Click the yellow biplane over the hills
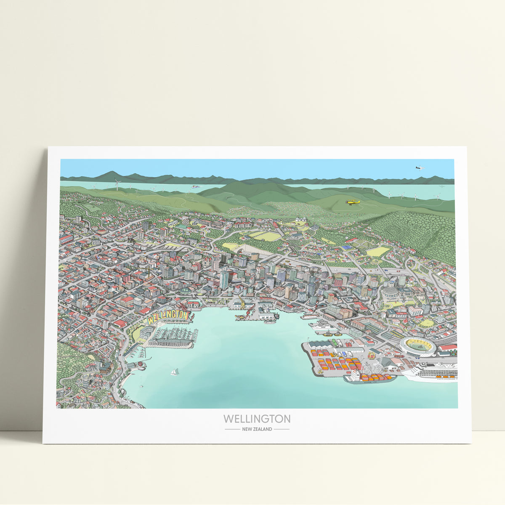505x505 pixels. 353,202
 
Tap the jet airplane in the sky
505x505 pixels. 419,167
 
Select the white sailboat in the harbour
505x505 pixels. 174,372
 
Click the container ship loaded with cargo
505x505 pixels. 370,377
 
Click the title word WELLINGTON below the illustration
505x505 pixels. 257,419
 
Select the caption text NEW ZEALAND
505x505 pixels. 257,429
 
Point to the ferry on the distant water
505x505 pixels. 194,186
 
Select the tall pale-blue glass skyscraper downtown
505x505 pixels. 224,279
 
